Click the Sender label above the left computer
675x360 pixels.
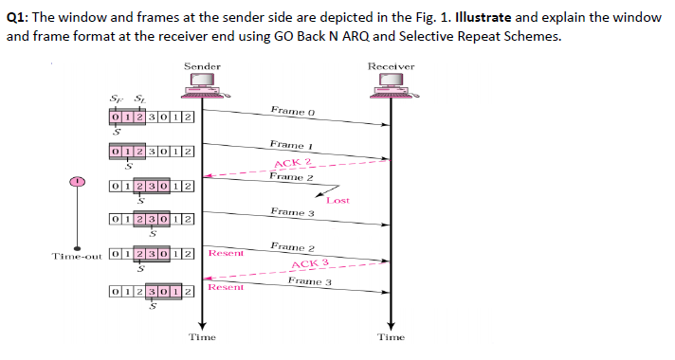(x=202, y=66)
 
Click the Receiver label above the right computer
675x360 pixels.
(x=391, y=66)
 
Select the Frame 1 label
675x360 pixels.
(x=291, y=145)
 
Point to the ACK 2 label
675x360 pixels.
(x=294, y=163)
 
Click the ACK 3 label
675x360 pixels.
(x=310, y=263)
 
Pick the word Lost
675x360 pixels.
(x=337, y=201)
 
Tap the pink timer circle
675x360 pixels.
(x=80, y=181)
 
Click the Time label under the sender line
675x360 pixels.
(x=202, y=336)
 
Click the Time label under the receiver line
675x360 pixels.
(x=391, y=336)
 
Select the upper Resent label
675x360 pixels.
(x=226, y=253)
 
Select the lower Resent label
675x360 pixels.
(x=227, y=286)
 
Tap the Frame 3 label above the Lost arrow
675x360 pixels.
(x=291, y=212)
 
